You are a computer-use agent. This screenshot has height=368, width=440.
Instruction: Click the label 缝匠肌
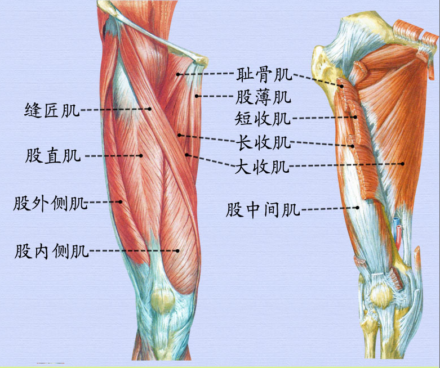click(52, 110)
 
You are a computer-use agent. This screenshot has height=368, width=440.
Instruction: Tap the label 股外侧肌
click(51, 203)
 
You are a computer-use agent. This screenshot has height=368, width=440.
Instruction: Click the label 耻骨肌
click(264, 74)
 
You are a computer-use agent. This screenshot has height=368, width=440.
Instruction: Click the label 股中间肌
click(263, 210)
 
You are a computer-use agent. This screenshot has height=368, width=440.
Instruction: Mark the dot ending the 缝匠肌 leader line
click(150, 109)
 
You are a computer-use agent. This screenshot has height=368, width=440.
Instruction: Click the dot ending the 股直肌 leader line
click(141, 155)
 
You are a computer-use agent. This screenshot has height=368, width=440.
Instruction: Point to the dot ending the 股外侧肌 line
click(121, 201)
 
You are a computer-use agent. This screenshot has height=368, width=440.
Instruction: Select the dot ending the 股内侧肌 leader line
click(177, 251)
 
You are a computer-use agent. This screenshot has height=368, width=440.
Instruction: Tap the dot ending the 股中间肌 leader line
click(358, 207)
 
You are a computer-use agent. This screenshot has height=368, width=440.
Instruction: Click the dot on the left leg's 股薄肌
click(197, 96)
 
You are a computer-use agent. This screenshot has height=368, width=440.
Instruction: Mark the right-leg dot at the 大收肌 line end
click(403, 164)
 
